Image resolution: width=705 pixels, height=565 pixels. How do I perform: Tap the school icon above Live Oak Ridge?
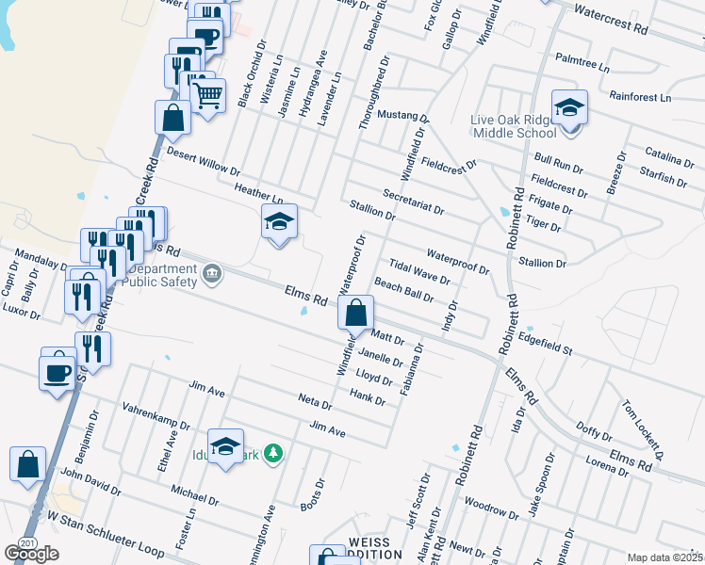(569, 109)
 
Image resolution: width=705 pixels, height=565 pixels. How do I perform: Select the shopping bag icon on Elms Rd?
(356, 314)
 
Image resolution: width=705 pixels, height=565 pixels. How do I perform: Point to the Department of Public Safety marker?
(212, 275)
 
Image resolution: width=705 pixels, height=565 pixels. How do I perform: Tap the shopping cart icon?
(207, 93)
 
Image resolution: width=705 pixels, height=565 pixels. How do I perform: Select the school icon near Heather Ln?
(279, 222)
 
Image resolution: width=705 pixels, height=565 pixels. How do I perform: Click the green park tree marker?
(273, 454)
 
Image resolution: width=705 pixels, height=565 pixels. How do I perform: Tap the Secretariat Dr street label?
(414, 201)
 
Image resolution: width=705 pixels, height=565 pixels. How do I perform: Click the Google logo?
(31, 554)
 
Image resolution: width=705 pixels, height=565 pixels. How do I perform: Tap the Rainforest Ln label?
(640, 97)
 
